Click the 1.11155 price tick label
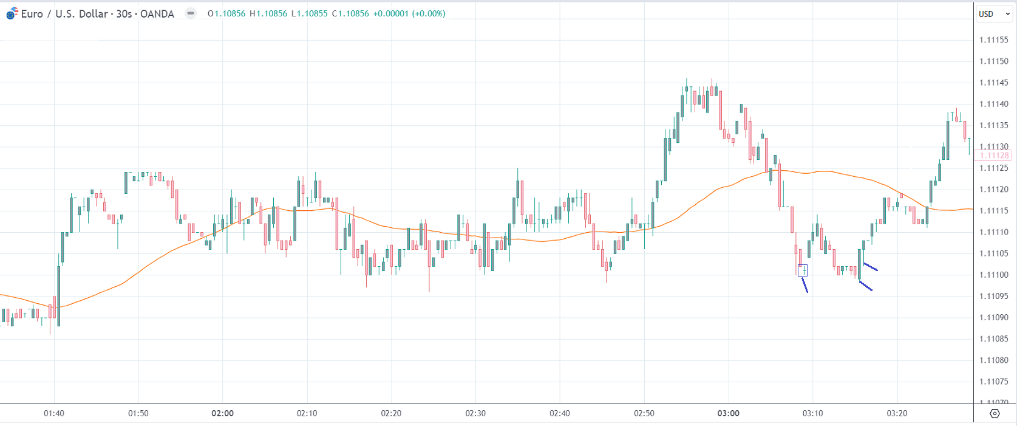[994, 40]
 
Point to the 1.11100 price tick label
[994, 275]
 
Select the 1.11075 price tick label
[994, 382]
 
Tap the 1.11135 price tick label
[994, 126]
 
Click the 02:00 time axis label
[222, 413]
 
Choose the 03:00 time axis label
[728, 413]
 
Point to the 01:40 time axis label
[54, 413]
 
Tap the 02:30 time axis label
[475, 413]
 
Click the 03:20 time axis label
[897, 413]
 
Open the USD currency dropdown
[994, 14]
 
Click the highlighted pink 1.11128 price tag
[993, 156]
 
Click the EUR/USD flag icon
[12, 13]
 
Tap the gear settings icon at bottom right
[995, 414]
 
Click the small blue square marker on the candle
[803, 270]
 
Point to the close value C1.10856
[350, 14]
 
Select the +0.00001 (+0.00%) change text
[409, 14]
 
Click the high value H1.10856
[268, 14]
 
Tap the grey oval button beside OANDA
[191, 13]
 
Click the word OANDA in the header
[157, 14]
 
